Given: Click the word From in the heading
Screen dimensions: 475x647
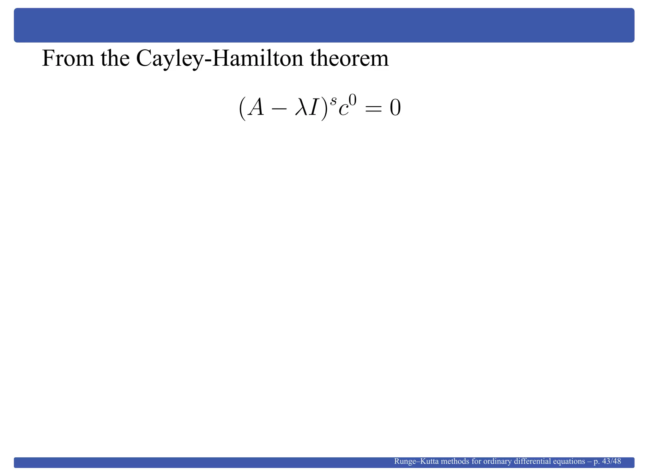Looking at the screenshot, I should pos(68,59).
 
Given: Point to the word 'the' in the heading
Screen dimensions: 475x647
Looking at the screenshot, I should pos(115,59).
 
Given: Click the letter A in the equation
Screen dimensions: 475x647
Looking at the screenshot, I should pos(255,109).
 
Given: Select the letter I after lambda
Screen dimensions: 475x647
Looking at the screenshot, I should pos(316,109).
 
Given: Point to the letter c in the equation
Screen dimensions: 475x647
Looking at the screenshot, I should pos(343,111).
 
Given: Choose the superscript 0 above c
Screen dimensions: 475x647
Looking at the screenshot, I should pos(353,100).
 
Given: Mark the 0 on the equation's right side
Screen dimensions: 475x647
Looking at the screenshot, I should pos(395,109).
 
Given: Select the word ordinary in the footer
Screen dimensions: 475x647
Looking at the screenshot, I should pos(498,462).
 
